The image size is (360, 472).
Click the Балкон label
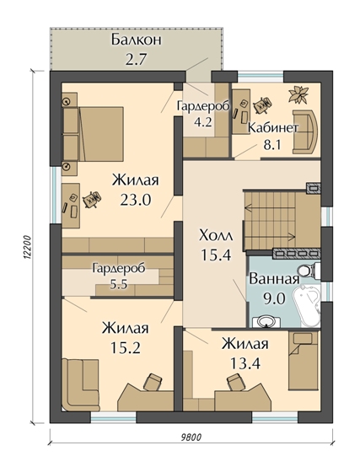tap(137, 40)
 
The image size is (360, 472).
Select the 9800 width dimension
tap(191, 437)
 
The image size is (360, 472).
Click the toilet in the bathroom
tap(309, 270)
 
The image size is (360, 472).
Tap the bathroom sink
tap(266, 321)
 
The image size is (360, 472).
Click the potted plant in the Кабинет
tap(298, 94)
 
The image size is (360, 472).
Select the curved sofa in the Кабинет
tap(304, 131)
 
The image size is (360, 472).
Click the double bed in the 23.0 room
tap(93, 133)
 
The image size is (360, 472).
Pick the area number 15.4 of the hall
tap(216, 255)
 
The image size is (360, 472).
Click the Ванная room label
tap(274, 279)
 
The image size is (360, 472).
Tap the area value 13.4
tap(245, 363)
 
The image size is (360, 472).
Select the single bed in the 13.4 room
tap(303, 361)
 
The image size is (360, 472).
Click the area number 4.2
tap(203, 123)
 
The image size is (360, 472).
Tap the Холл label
tap(216, 236)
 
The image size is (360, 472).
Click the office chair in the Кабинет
tap(262, 105)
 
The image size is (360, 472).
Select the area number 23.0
tap(135, 199)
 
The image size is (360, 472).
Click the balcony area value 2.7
tap(136, 59)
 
